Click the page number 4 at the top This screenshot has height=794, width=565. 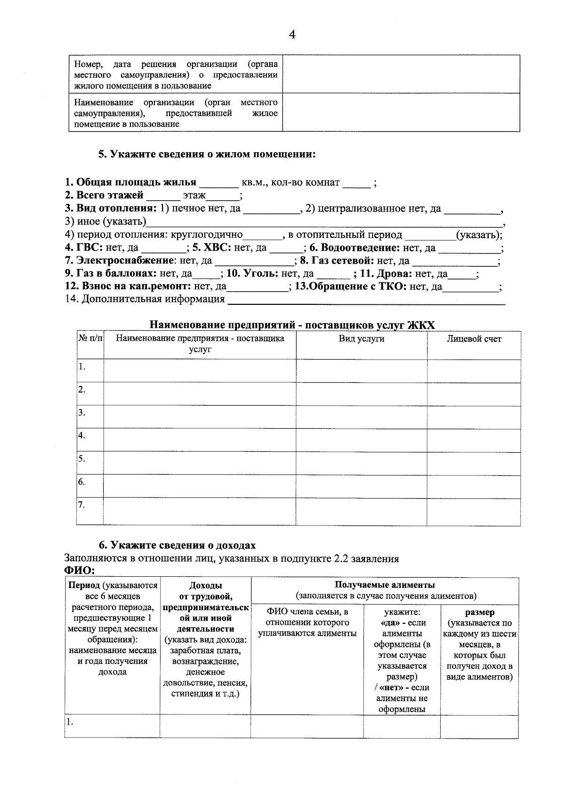pyautogui.click(x=292, y=34)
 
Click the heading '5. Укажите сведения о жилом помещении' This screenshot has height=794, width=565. pyautogui.click(x=207, y=155)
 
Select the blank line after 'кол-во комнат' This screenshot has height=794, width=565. pyautogui.click(x=356, y=184)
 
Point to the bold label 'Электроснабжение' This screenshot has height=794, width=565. pyautogui.click(x=119, y=261)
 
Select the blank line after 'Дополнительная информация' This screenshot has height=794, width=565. pyautogui.click(x=366, y=301)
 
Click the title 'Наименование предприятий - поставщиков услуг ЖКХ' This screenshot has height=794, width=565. pyautogui.click(x=292, y=325)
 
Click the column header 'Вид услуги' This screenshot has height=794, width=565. pyautogui.click(x=361, y=339)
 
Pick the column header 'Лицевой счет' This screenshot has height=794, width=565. pyautogui.click(x=474, y=339)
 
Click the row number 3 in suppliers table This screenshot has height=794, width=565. pyautogui.click(x=82, y=412)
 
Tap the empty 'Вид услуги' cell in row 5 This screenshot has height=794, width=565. pyautogui.click(x=361, y=463)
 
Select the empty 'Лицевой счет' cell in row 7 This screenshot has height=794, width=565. pyautogui.click(x=474, y=511)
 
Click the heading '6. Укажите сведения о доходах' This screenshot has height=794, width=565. pyautogui.click(x=177, y=545)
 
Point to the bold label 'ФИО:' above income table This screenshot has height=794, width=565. pyautogui.click(x=80, y=571)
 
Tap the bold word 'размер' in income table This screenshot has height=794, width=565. pyautogui.click(x=479, y=613)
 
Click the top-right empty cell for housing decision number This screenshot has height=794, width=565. pyautogui.click(x=401, y=74)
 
